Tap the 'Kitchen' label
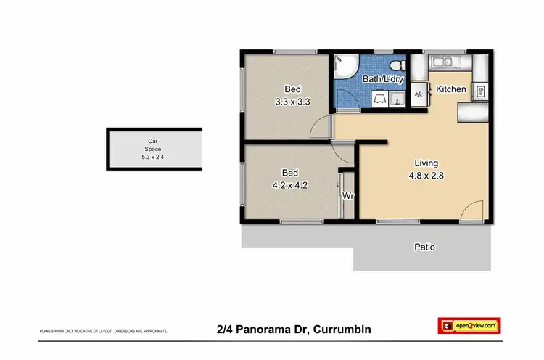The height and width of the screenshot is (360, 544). pyautogui.click(x=450, y=89)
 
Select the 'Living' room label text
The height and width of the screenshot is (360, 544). pyautogui.click(x=426, y=163)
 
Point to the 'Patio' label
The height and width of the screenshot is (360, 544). pyautogui.click(x=424, y=247)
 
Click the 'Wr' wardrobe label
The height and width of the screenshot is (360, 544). pyautogui.click(x=348, y=197)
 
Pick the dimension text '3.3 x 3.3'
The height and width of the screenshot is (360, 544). pyautogui.click(x=292, y=102)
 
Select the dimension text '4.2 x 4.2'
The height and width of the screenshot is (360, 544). pyautogui.click(x=290, y=184)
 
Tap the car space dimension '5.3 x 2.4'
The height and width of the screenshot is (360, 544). pyautogui.click(x=153, y=156)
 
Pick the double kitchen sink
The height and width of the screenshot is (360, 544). pyautogui.click(x=444, y=63)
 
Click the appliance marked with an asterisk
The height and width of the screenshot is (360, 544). pyautogui.click(x=419, y=92)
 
